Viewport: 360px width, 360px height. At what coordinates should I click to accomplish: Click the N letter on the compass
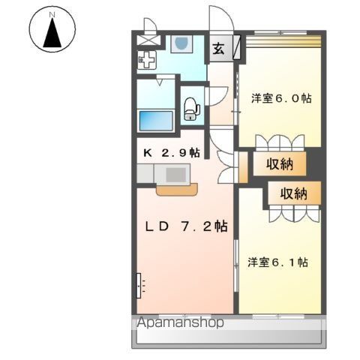(x=51, y=14)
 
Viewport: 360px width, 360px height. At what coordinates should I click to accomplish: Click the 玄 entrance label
(x=218, y=50)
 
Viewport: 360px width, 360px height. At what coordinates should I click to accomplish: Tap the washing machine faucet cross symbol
(x=148, y=59)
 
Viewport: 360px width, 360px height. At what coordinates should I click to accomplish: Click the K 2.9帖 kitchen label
(x=172, y=151)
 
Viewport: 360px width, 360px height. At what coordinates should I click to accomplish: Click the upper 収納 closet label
(x=277, y=164)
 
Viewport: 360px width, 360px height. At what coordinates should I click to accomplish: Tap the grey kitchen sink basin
(x=176, y=174)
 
